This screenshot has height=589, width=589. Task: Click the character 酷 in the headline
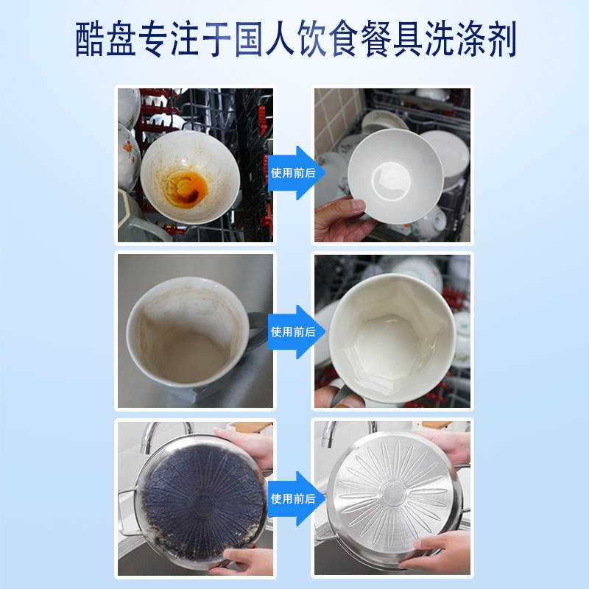(94, 40)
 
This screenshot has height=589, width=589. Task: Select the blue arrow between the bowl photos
(293, 173)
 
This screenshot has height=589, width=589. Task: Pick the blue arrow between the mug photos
(293, 331)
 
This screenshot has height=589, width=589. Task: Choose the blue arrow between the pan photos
(293, 498)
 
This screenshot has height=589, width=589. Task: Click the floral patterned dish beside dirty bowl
(127, 155)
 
